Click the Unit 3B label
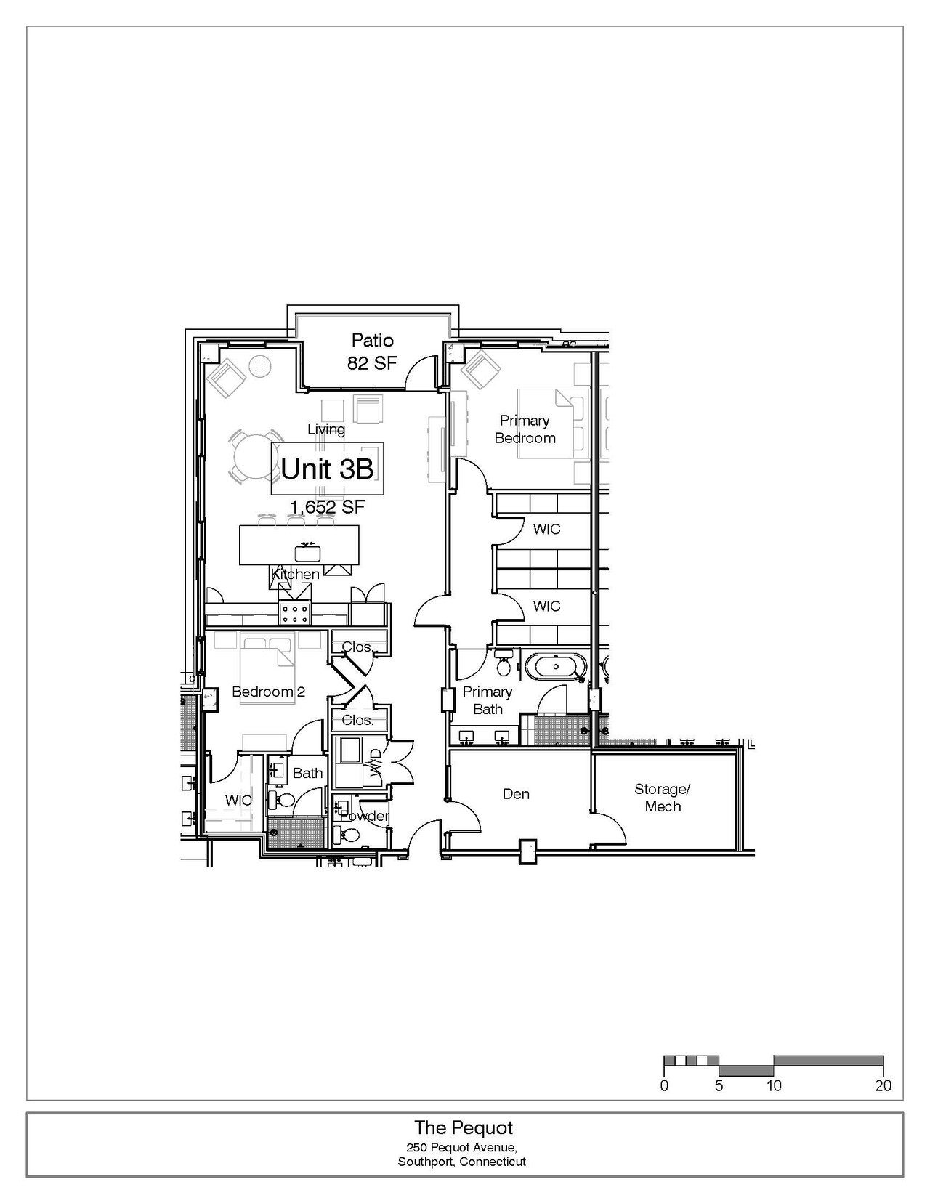[x=327, y=469]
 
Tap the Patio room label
[x=373, y=340]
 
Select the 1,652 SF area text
[x=328, y=506]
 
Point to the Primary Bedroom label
[x=525, y=429]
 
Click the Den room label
[x=516, y=794]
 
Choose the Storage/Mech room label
[x=663, y=798]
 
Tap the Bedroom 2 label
[x=269, y=692]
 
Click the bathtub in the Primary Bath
[x=555, y=667]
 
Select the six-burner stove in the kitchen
[x=295, y=613]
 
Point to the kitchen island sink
[x=307, y=553]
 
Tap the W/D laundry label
[x=375, y=765]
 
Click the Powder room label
[x=364, y=816]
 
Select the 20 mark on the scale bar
[x=883, y=1085]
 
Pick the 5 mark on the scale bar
[x=719, y=1085]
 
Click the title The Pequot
[x=464, y=1127]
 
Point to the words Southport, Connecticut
[x=461, y=1162]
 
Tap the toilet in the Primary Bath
[x=504, y=664]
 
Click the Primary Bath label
[x=487, y=700]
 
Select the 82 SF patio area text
[x=373, y=363]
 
